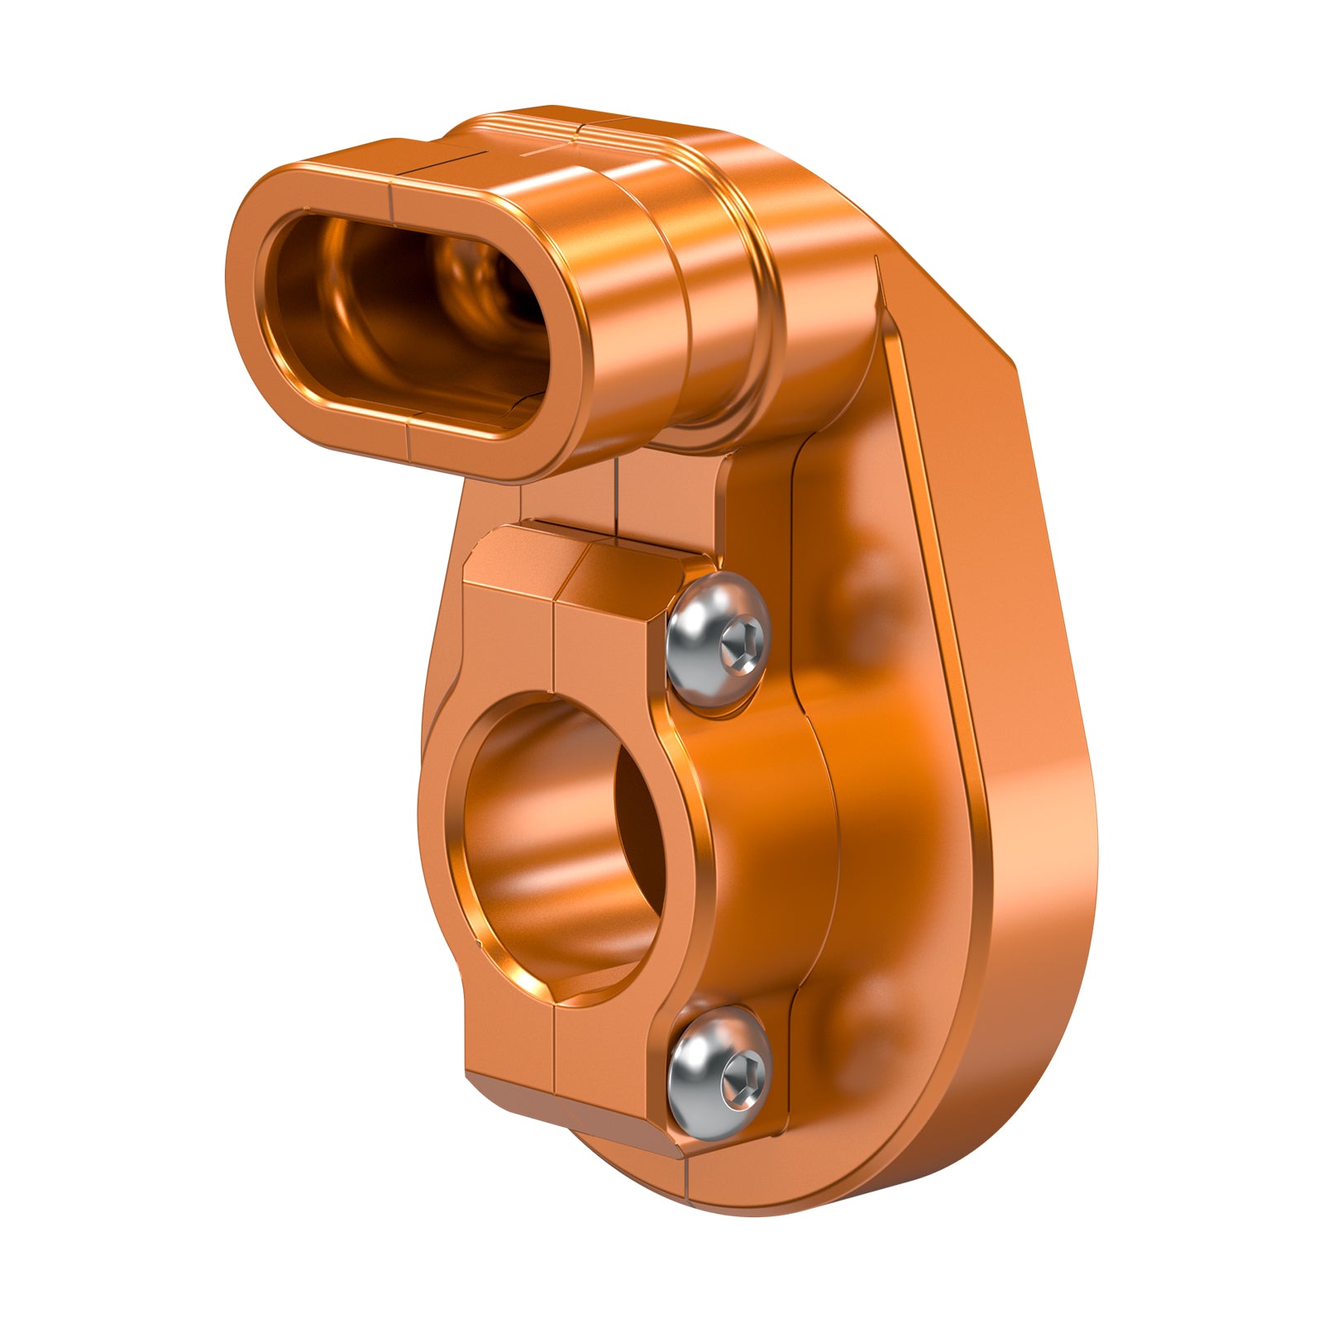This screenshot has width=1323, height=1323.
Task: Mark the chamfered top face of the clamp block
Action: coord(579,571)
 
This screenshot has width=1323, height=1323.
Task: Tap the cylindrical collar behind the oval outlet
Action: coord(711,314)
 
